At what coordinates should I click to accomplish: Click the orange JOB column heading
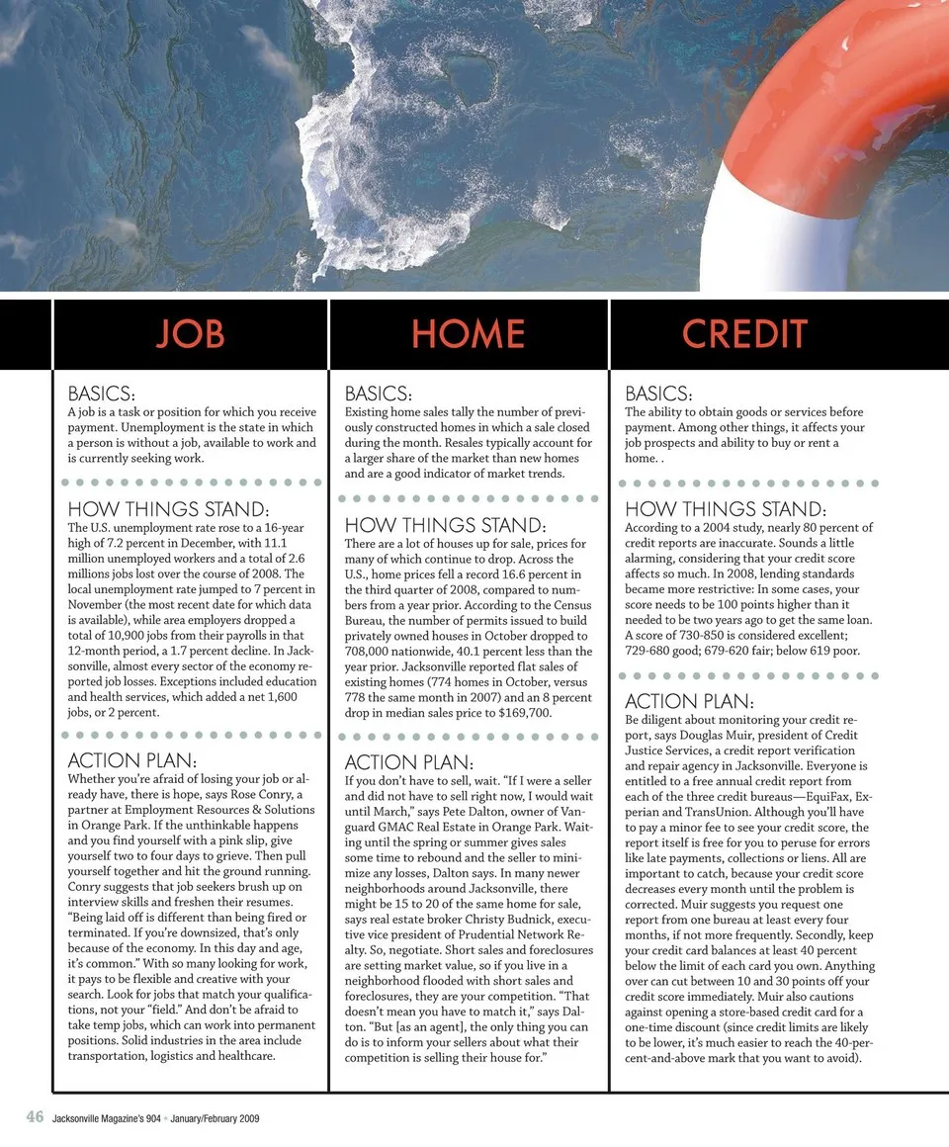coord(190,334)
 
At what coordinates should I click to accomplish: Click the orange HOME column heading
coord(468,334)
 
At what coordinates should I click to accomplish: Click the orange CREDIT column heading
coord(744,334)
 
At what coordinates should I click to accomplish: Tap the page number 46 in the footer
coord(35,1117)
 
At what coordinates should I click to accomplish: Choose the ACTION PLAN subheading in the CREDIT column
coord(689,702)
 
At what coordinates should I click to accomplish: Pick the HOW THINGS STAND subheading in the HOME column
coord(445,525)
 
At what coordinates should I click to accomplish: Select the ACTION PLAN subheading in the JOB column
coord(131,762)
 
